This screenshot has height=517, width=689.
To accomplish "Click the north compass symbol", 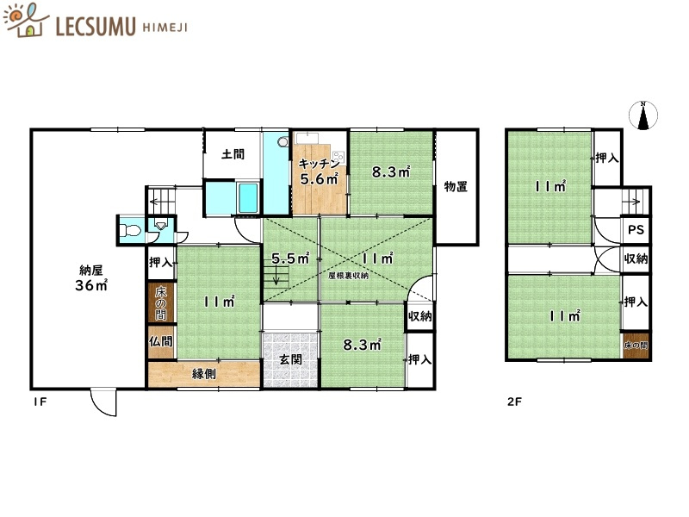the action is point(643,115).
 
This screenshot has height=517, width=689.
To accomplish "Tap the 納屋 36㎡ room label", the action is point(91,277).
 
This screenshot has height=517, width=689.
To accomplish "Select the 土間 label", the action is point(233,154).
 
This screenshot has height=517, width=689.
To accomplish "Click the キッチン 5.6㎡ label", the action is point(319,171).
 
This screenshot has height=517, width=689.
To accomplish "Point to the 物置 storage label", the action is point(456,186).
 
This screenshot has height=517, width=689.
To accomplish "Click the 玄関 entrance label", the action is point(290,359).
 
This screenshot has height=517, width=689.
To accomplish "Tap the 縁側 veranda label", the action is point(204,374).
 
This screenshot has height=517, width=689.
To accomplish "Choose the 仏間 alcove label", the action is point(160,341).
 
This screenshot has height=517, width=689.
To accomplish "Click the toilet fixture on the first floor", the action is point(130,230).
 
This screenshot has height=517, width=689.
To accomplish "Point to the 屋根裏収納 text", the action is point(349,276).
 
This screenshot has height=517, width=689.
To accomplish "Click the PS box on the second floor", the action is point(636,229).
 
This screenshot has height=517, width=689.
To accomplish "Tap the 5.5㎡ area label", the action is point(290,258).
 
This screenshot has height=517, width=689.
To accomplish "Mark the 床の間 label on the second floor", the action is point(636,346).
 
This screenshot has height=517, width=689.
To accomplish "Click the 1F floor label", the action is point(40,402).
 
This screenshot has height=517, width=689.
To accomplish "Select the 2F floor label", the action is point(514,402).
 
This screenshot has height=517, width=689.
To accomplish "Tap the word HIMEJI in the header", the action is point(165,28).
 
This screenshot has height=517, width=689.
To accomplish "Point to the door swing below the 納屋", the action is point(103,402).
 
